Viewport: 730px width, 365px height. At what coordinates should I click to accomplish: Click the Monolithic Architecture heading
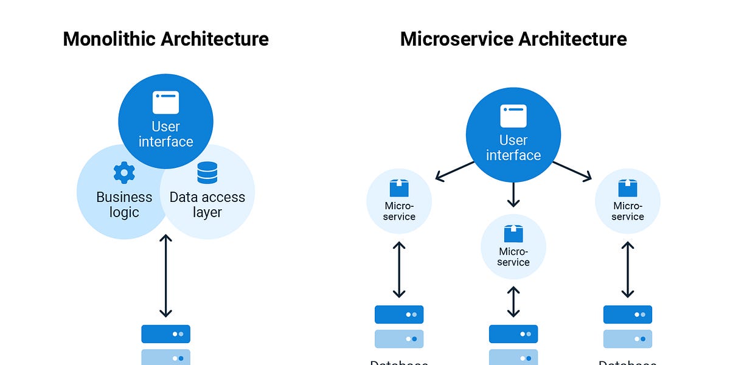[165, 39]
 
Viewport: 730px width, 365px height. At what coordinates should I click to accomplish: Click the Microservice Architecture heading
[513, 39]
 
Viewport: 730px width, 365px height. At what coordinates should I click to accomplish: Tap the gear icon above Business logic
[124, 173]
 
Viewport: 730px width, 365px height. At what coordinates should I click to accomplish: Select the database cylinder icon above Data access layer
[207, 173]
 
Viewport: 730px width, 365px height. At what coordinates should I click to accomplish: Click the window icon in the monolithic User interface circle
[165, 103]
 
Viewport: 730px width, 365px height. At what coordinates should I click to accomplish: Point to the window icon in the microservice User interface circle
[513, 116]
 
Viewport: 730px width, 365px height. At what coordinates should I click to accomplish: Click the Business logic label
[124, 205]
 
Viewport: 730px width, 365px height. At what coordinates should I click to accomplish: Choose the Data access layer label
[207, 205]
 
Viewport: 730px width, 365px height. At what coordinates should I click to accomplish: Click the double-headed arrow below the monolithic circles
[165, 276]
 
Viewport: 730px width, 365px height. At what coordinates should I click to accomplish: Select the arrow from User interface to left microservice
[455, 171]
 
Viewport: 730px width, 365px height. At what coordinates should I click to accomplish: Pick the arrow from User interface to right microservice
[572, 171]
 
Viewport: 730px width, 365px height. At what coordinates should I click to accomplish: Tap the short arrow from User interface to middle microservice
[513, 195]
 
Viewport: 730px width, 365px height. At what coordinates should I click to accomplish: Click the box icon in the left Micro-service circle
[399, 187]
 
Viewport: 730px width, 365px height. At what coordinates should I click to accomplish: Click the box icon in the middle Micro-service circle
[513, 234]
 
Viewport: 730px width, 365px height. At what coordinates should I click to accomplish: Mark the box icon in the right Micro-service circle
[628, 187]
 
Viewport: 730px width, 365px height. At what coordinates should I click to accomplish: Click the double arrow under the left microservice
[399, 269]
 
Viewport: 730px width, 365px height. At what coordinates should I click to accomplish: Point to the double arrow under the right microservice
[628, 269]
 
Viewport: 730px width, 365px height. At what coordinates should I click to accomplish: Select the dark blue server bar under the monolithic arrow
[165, 334]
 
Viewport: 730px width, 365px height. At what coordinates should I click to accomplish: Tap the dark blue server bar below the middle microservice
[513, 334]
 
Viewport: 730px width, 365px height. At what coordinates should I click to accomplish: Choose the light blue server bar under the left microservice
[399, 339]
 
